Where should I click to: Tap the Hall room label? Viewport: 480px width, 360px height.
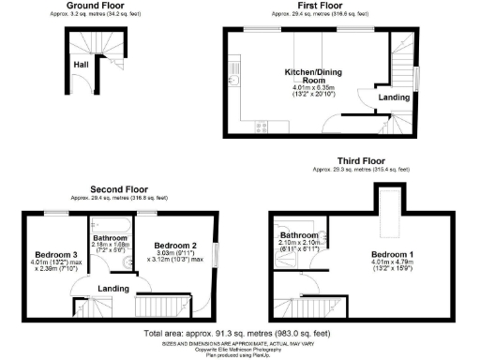coord(82,65)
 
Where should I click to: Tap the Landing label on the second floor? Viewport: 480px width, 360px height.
coord(113,288)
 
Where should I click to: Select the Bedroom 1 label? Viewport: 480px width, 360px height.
coord(391,254)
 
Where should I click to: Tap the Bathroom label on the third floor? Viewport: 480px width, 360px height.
coord(301,234)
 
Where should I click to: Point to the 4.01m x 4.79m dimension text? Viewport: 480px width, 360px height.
coord(391,263)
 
